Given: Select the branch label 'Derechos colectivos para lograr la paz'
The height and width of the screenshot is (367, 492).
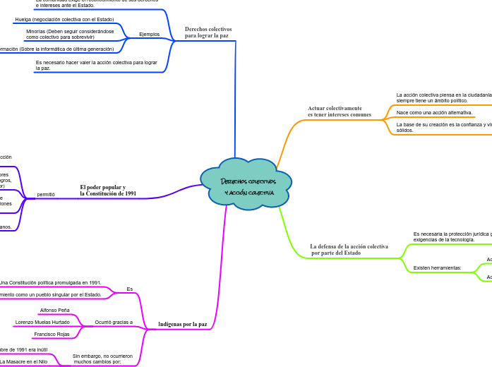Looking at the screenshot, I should click(208, 32).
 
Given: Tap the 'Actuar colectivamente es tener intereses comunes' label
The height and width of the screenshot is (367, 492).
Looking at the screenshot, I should click(340, 112).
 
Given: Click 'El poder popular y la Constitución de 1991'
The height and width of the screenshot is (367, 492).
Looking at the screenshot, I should click(108, 191).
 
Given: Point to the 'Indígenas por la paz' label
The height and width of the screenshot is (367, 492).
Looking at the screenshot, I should click(183, 325).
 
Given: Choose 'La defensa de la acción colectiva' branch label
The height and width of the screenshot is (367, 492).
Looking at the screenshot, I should click(349, 249).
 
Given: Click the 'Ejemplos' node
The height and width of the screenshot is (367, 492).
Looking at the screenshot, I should click(149, 34).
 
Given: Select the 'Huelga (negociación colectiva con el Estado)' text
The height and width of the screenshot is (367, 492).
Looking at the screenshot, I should click(64, 20).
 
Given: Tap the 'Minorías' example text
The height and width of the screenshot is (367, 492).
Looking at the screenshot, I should click(70, 34).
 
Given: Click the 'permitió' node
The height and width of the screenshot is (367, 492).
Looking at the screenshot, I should click(46, 194).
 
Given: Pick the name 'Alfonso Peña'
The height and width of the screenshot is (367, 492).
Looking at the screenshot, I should click(55, 311).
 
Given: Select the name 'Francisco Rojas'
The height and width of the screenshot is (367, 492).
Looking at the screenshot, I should click(52, 335).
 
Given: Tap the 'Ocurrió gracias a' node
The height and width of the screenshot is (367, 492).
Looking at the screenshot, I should click(114, 323).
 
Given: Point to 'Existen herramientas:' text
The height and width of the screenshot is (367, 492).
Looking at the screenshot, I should click(437, 268).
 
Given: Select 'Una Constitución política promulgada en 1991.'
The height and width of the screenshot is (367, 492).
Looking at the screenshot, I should click(50, 283).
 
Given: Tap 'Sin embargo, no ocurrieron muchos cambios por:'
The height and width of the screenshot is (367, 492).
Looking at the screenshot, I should click(102, 359).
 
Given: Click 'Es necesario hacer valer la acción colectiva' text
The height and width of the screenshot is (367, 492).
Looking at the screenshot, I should click(96, 66).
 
